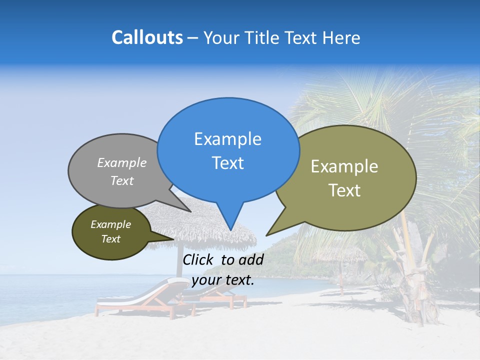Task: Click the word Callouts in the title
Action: pos(147,37)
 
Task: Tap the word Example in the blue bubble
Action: pos(227,139)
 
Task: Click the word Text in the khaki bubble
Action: pos(344,190)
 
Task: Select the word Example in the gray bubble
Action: pos(122,162)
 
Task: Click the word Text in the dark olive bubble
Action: pos(111,239)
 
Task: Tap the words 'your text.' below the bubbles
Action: pos(223,280)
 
